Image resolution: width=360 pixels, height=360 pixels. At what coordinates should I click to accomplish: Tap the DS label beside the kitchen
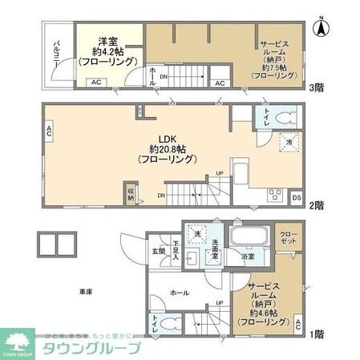[x=297, y=196]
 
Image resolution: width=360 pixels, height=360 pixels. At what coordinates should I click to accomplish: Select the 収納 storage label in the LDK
[x=131, y=194]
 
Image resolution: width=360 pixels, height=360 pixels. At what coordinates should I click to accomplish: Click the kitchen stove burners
[x=274, y=193]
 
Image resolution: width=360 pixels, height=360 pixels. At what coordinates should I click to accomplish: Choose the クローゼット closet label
[x=289, y=237]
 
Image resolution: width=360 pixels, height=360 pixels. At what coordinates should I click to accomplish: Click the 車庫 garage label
[x=83, y=290]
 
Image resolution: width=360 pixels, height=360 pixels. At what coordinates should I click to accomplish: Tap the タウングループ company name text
[x=90, y=348]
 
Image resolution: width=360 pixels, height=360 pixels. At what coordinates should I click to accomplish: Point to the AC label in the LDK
[x=49, y=132]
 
